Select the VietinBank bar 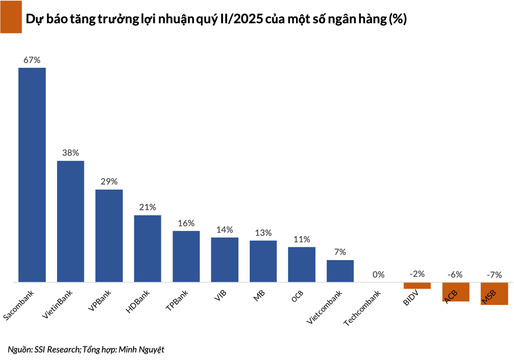click(x=70, y=221)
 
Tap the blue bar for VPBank click(x=109, y=236)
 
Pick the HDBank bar click(x=148, y=248)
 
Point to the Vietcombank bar click(x=340, y=271)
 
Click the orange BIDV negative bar click(x=417, y=286)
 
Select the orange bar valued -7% click(x=494, y=294)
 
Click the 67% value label click(x=32, y=60)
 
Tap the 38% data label click(x=70, y=153)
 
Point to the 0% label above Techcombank click(x=379, y=275)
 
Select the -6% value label click(x=455, y=275)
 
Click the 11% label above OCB click(x=302, y=239)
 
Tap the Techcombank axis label click(x=362, y=309)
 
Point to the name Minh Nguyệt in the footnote click(x=141, y=349)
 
